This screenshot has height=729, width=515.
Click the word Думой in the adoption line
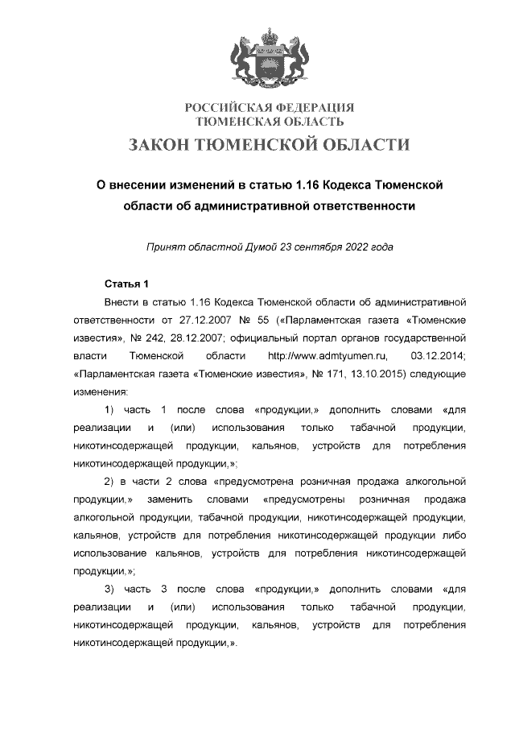pos(256,246)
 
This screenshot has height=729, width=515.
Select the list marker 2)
pos(109,482)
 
